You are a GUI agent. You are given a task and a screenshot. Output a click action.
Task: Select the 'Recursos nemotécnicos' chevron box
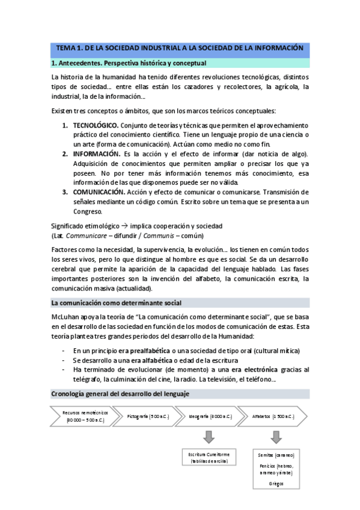(x=84, y=416)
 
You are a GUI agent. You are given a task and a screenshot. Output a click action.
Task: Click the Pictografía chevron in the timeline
(x=148, y=416)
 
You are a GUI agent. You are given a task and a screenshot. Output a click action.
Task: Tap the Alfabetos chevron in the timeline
(x=272, y=416)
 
